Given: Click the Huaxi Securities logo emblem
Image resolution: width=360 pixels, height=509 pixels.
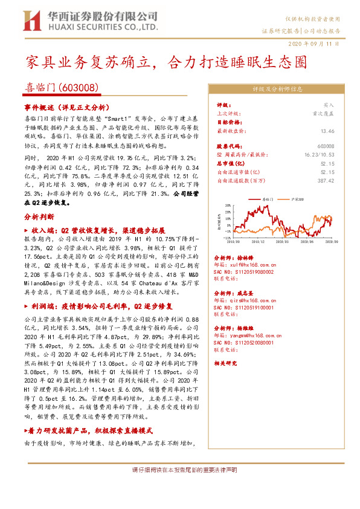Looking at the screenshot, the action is pyautogui.click(x=33, y=21).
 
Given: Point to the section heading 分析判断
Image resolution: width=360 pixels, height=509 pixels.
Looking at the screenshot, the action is pyautogui.click(x=39, y=215).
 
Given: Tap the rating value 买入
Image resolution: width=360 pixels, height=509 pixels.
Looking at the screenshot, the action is pyautogui.click(x=329, y=105).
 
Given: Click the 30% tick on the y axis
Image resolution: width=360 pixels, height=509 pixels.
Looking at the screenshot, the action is pyautogui.click(x=227, y=204).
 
